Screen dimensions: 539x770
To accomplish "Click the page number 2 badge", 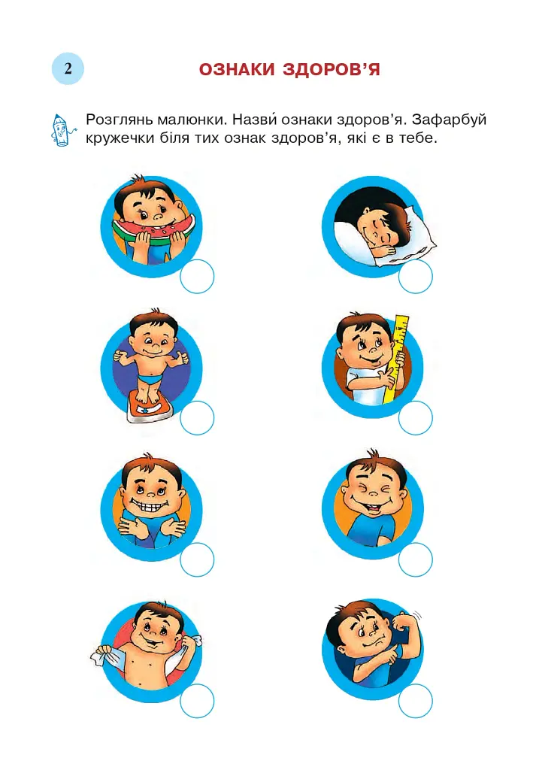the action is point(68,68).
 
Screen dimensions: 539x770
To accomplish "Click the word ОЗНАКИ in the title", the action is point(237,70).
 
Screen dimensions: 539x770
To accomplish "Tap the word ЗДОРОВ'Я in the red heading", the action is point(332,70).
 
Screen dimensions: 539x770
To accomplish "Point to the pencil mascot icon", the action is point(62,130).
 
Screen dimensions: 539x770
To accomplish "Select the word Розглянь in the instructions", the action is point(120,120).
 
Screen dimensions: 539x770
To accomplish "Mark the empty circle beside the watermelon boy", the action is point(197,277).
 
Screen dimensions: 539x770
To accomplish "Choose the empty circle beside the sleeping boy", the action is point(415,277).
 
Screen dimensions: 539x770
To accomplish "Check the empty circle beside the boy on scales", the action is point(197,418).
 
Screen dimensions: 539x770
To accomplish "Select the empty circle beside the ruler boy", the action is point(415,418).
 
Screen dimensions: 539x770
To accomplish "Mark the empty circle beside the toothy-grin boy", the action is point(197,559).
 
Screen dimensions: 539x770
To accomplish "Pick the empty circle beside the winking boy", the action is point(415,559).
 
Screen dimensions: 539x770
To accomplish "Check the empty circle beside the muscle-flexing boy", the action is point(415,701).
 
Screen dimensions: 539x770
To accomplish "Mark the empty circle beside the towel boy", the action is point(197,701).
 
